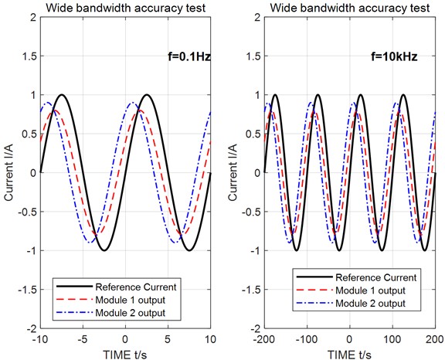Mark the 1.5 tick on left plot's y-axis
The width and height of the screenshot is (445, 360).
27,57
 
